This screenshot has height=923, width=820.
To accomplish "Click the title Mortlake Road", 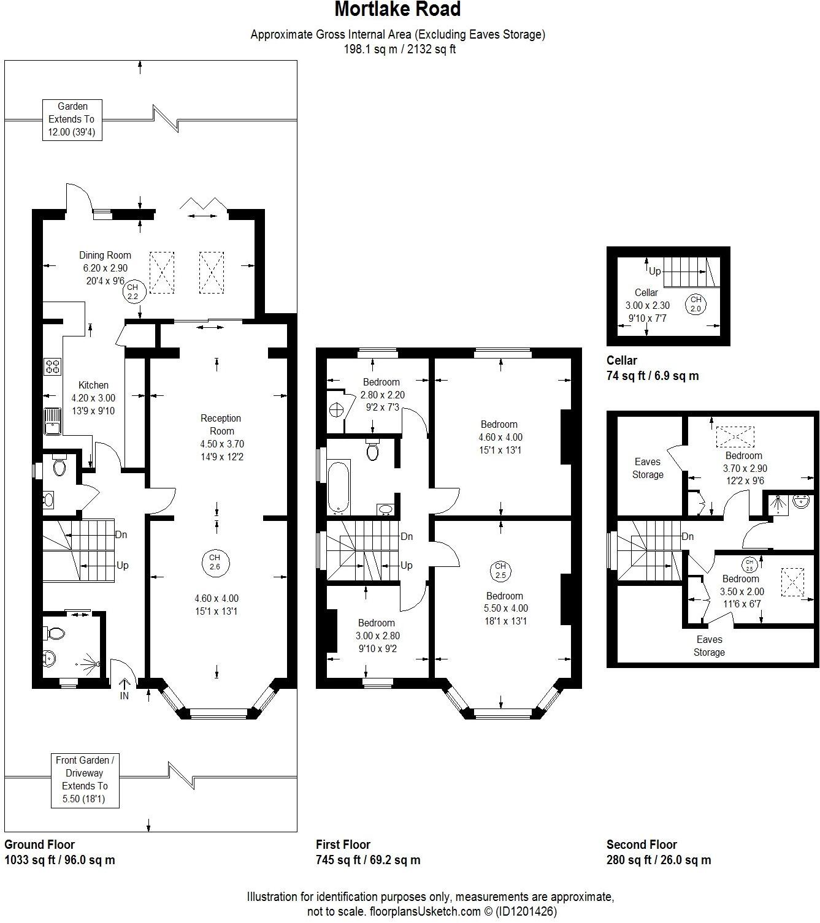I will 397,10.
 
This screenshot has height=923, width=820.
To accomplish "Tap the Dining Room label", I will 105,256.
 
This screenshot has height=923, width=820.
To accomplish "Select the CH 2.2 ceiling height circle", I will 133,292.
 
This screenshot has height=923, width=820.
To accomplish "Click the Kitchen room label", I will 94,386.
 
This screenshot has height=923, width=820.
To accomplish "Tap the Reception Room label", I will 221,425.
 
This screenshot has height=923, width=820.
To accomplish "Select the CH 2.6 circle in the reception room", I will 215,562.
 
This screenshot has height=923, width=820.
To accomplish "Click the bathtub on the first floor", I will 338,488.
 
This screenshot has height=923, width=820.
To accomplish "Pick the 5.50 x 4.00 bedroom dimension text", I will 505,609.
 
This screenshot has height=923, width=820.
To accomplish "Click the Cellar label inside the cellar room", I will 646,293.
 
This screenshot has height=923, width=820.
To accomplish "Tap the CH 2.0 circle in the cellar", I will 695,304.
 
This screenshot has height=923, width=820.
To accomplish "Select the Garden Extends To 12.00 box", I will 72,120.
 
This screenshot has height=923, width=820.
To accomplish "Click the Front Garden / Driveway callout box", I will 85,780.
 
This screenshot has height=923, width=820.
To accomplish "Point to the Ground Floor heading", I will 40,845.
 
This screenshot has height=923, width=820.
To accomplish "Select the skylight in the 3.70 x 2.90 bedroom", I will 735,436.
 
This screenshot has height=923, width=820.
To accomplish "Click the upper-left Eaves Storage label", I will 648,468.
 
